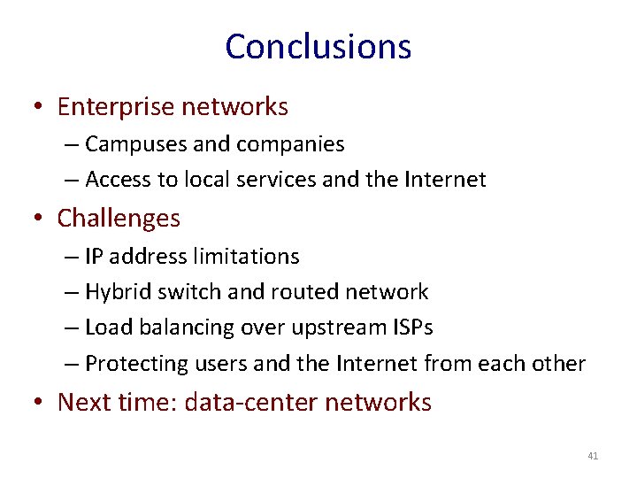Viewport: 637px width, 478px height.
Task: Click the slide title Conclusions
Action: pos(318,46)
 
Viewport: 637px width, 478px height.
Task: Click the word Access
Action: pos(119,180)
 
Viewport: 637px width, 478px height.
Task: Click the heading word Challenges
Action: pos(119,218)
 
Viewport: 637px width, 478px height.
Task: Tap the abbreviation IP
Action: pos(94,257)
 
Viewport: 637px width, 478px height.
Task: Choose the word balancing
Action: pos(181,328)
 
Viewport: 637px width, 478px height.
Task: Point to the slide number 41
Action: pos(593,456)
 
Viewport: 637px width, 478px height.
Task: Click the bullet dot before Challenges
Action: pos(39,219)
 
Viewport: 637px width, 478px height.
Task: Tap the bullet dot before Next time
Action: pos(39,403)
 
